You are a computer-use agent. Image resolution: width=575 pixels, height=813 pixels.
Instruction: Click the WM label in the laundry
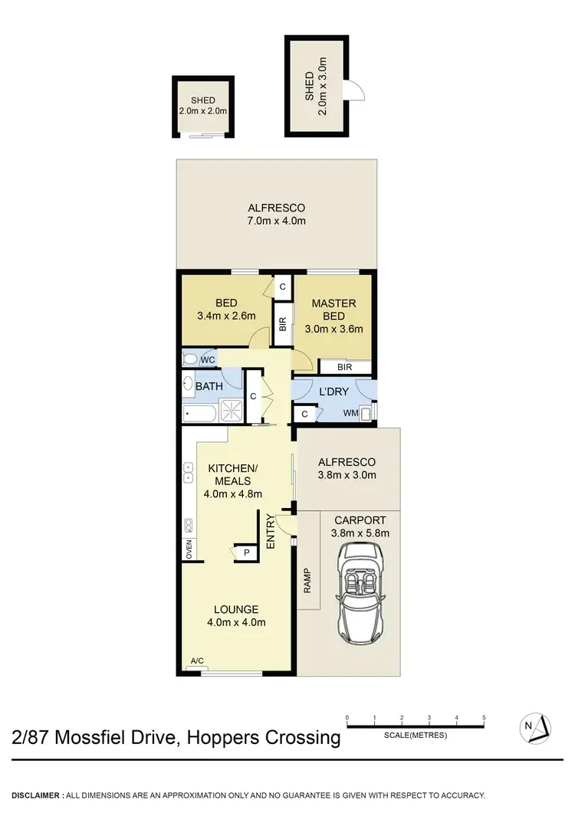pos(351,414)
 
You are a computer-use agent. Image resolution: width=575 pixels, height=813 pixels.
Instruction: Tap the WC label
pos(206,359)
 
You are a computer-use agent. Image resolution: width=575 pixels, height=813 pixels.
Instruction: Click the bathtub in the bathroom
pos(202,414)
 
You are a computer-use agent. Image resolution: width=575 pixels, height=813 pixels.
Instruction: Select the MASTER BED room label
pos(333,310)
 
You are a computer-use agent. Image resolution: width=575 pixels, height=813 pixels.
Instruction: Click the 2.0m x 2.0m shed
pos(203,106)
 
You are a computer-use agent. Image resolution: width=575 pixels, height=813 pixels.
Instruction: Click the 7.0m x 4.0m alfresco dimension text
pos(276,221)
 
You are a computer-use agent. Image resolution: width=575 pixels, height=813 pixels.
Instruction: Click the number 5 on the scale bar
pos(484,718)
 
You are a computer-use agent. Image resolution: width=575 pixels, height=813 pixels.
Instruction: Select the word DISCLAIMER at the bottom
pos(36,795)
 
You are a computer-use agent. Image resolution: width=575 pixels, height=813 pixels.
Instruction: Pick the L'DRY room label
pos(333,392)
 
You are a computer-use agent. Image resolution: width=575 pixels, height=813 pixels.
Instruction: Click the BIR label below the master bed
pos(343,368)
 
